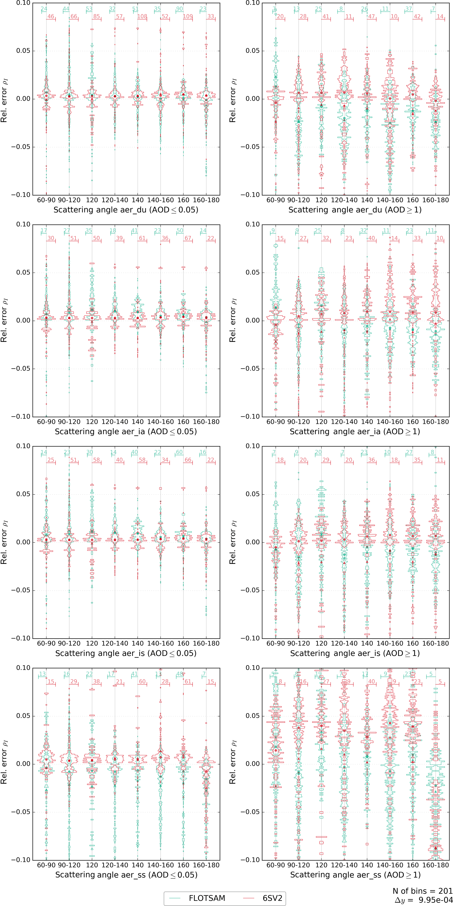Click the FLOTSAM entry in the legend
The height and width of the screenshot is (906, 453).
(x=207, y=895)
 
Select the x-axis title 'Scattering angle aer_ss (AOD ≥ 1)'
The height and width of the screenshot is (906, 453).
(x=355, y=875)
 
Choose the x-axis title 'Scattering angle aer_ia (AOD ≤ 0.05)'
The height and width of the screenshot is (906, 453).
(x=126, y=432)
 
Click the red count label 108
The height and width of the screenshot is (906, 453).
(x=142, y=16)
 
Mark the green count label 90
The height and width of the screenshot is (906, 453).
(x=179, y=9)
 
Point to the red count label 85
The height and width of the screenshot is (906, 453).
(x=96, y=16)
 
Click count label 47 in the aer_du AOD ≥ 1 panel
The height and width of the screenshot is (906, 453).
(x=371, y=16)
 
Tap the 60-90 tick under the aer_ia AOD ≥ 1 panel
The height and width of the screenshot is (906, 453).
(x=275, y=422)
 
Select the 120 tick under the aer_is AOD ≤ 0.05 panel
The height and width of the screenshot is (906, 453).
(x=92, y=643)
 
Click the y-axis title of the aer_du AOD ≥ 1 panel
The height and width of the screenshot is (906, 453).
(x=233, y=100)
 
